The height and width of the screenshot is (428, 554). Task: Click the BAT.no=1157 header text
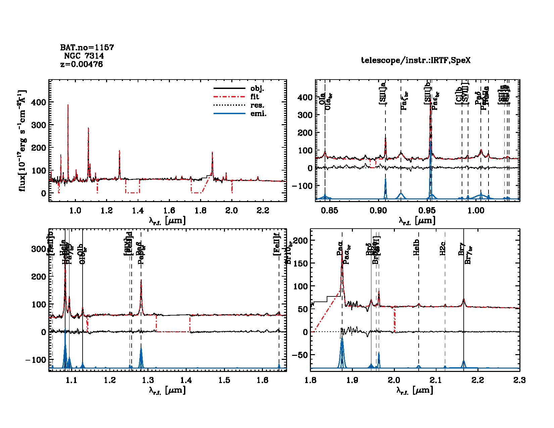coord(87,47)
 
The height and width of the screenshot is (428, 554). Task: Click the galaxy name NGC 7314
coord(84,56)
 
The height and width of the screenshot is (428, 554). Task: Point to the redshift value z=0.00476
coord(82,64)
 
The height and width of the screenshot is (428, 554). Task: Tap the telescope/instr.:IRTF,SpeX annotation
coord(416,60)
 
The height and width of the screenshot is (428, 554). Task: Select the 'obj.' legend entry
coord(257,89)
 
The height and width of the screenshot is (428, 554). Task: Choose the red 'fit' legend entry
coord(255,97)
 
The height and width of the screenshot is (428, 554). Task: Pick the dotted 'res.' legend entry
coord(257,105)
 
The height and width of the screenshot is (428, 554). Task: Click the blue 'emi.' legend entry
coord(258,113)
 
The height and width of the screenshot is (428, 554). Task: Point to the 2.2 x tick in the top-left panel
coord(263,210)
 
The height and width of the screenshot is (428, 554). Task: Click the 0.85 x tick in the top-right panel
coord(329,210)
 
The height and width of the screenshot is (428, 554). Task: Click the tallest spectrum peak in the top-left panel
coord(68,105)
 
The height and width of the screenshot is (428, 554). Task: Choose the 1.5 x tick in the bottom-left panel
coord(224,380)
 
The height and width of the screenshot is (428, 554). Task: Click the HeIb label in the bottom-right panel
coord(417,247)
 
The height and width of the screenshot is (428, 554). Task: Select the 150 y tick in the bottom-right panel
coord(301,263)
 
